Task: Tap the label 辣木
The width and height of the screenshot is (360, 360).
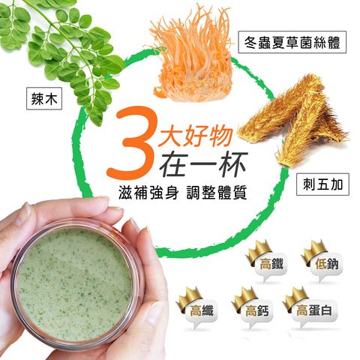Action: point(44,98)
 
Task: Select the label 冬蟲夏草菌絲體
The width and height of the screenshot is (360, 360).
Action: point(292,42)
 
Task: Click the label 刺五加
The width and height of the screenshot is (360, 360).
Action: point(322,184)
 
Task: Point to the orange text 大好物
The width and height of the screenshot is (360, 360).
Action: point(196,136)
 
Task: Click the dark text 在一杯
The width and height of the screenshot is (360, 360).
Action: point(204,163)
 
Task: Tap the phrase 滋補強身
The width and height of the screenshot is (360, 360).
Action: point(148,193)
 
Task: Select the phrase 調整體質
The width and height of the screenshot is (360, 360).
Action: point(217,193)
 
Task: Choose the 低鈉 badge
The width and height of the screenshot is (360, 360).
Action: point(326,265)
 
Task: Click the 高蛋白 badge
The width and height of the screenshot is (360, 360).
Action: point(314,311)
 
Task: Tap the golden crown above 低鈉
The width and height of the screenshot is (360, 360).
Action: point(313,252)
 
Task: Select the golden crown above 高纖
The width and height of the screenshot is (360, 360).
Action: point(188,299)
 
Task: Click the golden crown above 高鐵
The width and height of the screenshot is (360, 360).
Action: point(258,252)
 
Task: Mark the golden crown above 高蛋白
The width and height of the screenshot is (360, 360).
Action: point(295,299)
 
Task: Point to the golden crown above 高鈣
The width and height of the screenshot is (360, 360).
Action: point(244,299)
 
